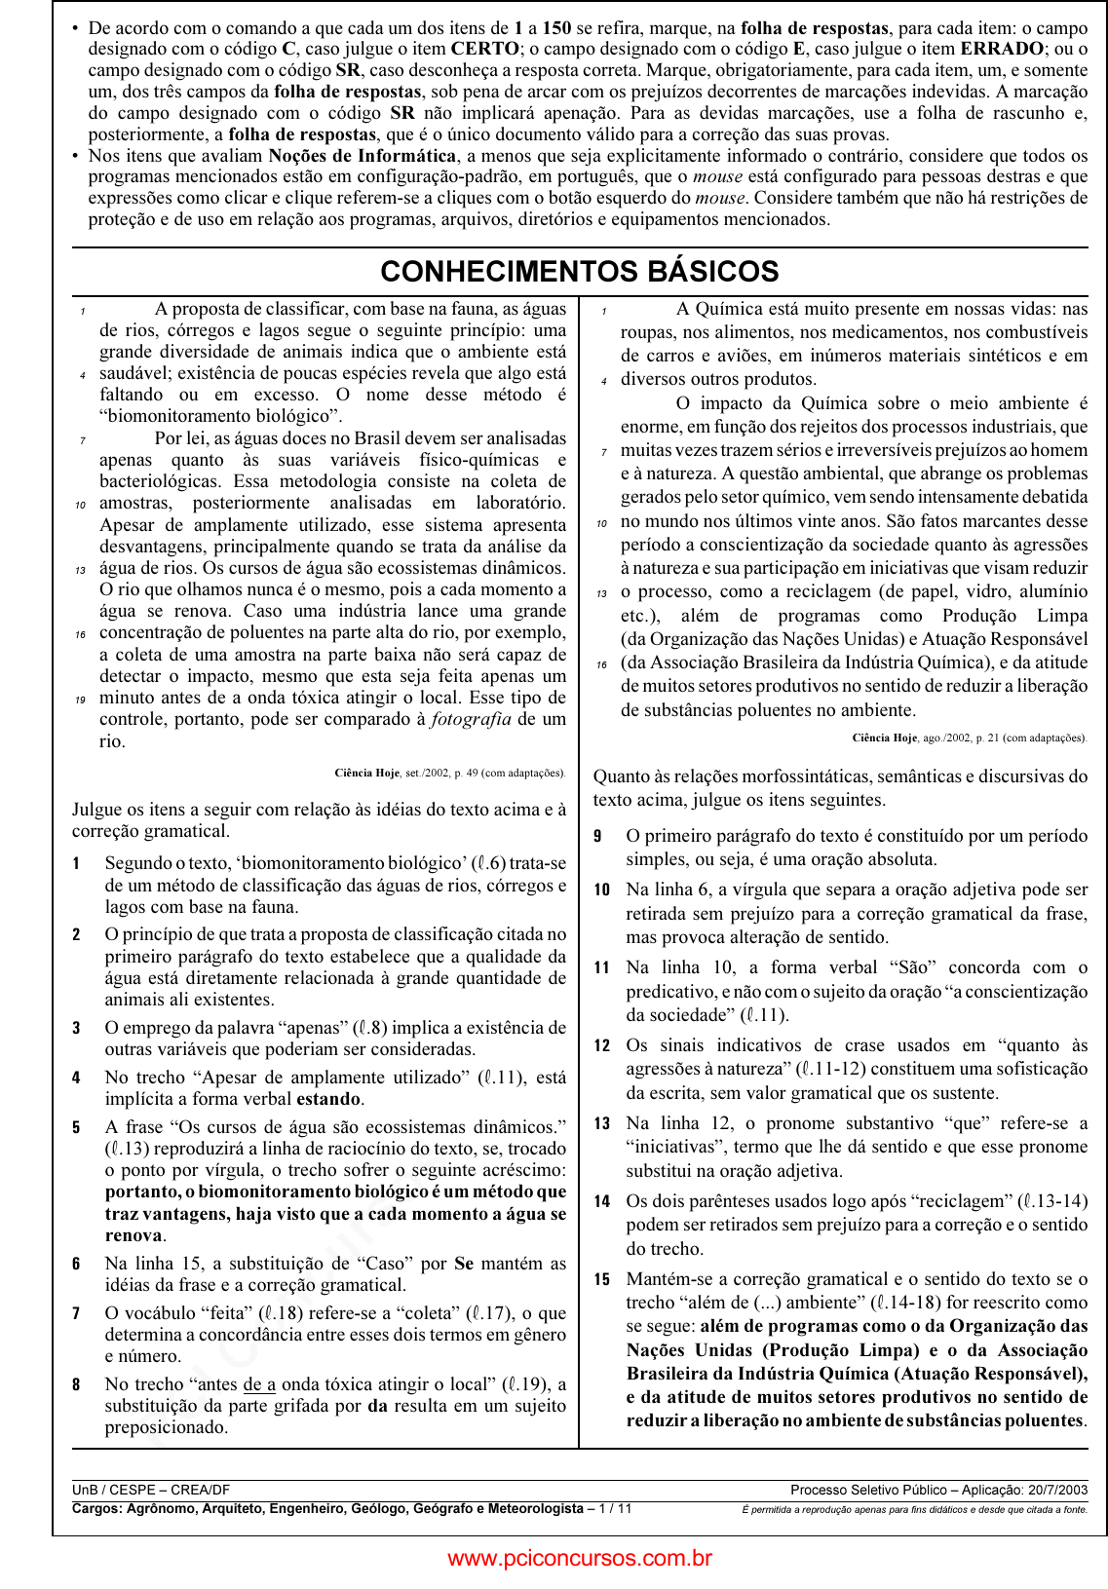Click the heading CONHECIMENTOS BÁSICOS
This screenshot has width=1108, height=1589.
pos(580,272)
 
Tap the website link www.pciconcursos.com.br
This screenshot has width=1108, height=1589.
pos(580,1558)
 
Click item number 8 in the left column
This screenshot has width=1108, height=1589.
pos(76,1384)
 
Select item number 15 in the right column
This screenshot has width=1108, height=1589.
pos(602,1279)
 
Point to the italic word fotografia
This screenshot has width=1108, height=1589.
pos(471,719)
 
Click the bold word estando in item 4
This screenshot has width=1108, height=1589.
pos(328,1099)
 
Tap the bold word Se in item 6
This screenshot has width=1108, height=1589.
pos(464,1264)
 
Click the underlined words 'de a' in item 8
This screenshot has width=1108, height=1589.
pos(259,1384)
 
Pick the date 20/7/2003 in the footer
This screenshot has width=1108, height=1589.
pos(1057,1490)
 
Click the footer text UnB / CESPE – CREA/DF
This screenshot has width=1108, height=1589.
pos(151,1490)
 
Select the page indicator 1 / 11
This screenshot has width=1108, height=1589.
pos(615,1508)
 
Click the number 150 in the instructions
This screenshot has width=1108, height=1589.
pos(556,28)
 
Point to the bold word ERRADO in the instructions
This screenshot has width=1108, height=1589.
pos(1002,49)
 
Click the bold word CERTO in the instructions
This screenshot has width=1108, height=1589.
pos(484,49)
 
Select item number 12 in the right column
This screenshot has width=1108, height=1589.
pos(602,1045)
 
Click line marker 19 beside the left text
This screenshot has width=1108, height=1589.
pos(81,700)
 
